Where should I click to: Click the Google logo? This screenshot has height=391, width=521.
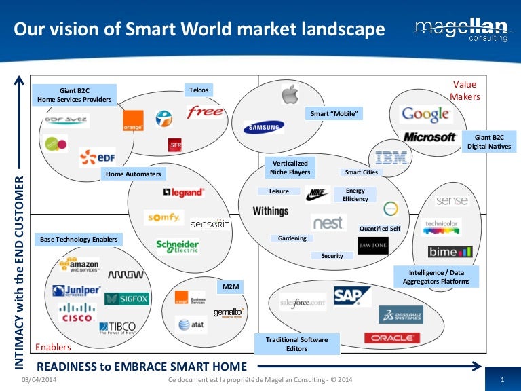[x=425, y=115]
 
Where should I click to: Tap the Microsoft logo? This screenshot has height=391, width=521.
[x=429, y=137]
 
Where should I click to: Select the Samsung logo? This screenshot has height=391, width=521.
[x=264, y=127]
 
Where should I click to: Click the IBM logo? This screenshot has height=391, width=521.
[x=391, y=157]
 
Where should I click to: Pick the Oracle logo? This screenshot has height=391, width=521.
[x=391, y=337]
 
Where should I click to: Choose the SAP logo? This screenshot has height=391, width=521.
[x=353, y=295]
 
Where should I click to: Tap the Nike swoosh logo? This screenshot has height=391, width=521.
[x=317, y=195]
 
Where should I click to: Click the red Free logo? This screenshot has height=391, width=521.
[x=205, y=111]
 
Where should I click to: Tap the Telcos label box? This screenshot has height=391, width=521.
[x=198, y=90]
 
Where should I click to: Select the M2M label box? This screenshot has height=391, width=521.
[x=229, y=288]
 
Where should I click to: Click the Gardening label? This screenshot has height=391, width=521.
[x=292, y=238]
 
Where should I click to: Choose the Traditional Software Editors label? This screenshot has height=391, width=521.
[x=296, y=344]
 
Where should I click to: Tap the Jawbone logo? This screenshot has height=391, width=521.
[x=373, y=245]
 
